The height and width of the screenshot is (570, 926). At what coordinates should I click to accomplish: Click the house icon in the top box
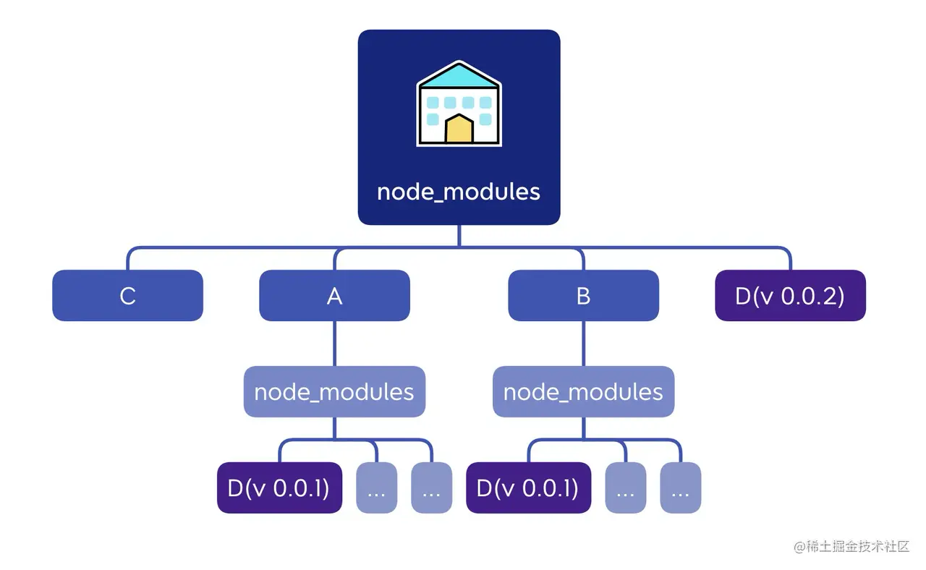point(459,103)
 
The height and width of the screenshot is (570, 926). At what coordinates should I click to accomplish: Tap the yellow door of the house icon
point(459,129)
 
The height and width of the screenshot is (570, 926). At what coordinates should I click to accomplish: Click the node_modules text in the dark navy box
point(459,192)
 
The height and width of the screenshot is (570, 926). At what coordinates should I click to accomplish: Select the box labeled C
point(128,296)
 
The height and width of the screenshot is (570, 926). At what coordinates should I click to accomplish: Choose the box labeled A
point(334,296)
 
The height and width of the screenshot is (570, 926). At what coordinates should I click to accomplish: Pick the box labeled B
point(583,296)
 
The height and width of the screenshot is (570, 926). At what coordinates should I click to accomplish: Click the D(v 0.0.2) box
point(791,296)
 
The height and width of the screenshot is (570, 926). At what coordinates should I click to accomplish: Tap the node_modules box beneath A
point(334,391)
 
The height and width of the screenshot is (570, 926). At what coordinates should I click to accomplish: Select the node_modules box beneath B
point(583,391)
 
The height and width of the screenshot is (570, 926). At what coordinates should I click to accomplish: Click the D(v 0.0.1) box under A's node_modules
point(279,488)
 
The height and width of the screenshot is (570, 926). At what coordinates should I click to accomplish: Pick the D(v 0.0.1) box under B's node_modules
point(528,488)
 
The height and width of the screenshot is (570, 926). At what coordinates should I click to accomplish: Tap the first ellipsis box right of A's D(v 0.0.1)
point(377,488)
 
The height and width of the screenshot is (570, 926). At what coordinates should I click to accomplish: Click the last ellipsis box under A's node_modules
point(432,488)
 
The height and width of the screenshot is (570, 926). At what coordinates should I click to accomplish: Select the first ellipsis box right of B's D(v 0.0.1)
point(626,488)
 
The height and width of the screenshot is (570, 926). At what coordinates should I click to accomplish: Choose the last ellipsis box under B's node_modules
point(681,488)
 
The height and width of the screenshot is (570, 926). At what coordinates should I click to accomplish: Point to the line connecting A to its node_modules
point(334,344)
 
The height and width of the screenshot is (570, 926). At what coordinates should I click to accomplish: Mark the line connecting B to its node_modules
point(583,344)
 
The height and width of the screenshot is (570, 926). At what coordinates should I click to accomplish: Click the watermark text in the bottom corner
point(851,546)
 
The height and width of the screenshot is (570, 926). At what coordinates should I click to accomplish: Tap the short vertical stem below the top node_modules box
point(459,236)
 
